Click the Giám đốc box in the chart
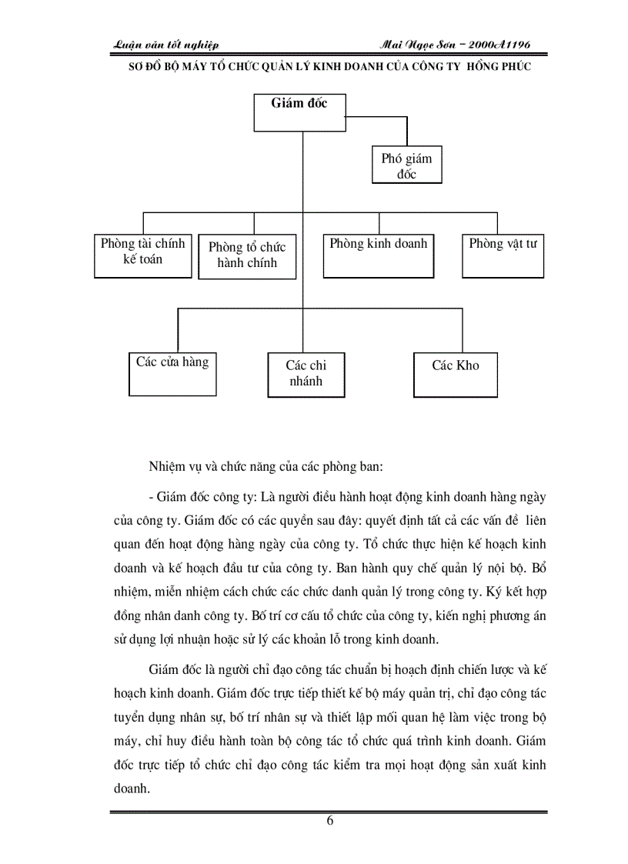[x=299, y=112]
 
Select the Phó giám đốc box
[x=406, y=165]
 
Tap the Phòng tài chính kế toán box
[x=142, y=255]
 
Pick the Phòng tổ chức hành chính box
[x=246, y=257]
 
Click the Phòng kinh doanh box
[x=378, y=255]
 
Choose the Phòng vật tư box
[x=503, y=255]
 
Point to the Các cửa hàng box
[x=172, y=372]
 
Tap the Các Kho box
[x=455, y=375]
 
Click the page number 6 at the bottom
[x=330, y=820]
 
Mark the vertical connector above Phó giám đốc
[x=406, y=132]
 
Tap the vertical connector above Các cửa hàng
[x=178, y=331]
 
